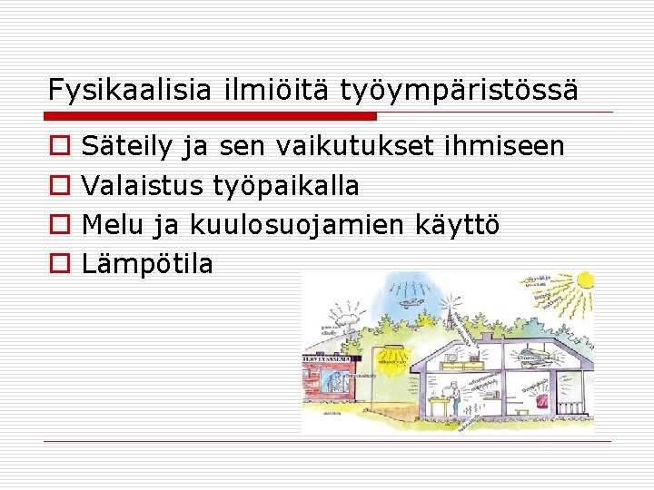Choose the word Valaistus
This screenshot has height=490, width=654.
(x=143, y=186)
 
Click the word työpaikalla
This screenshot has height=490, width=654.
(x=286, y=186)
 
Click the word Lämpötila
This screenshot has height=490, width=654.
(x=147, y=264)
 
